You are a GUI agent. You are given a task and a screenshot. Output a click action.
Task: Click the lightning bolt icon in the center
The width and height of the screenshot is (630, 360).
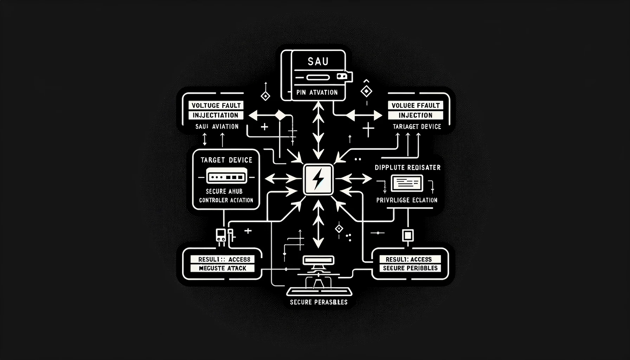click(x=318, y=180)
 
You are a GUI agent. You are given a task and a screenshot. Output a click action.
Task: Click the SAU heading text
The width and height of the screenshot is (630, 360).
click(x=318, y=62)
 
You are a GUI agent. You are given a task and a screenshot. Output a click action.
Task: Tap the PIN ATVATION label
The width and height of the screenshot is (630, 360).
click(x=317, y=92)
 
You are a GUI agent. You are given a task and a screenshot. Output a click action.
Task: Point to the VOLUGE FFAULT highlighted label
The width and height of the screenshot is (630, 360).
click(x=415, y=105)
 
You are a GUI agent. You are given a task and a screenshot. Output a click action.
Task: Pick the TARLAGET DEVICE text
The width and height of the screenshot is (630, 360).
click(x=417, y=127)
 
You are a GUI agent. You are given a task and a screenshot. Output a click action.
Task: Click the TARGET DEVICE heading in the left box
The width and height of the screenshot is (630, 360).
click(x=226, y=160)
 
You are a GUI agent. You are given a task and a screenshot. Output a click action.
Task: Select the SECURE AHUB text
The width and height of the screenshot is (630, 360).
click(x=224, y=192)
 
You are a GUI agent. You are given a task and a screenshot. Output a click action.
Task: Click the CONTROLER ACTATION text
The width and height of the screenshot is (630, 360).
click(x=226, y=200)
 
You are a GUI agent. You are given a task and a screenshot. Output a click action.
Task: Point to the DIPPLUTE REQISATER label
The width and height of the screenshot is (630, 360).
click(x=407, y=168)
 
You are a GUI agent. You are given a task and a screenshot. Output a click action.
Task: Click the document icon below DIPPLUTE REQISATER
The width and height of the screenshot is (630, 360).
click(x=407, y=183)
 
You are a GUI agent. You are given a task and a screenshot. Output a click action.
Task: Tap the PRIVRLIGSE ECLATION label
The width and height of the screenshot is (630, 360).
click(x=407, y=200)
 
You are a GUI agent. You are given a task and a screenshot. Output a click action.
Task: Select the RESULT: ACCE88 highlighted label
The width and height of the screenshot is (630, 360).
click(x=222, y=259)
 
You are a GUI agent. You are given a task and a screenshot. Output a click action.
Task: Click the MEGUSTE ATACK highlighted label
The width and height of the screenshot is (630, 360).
click(x=222, y=268)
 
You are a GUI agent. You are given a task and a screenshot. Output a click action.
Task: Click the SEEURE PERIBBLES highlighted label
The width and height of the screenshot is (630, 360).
click(x=410, y=268)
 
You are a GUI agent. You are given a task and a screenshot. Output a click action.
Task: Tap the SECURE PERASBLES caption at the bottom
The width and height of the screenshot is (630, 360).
click(x=319, y=302)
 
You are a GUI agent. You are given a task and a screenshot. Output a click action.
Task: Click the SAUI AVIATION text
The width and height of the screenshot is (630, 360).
click(x=217, y=127)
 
